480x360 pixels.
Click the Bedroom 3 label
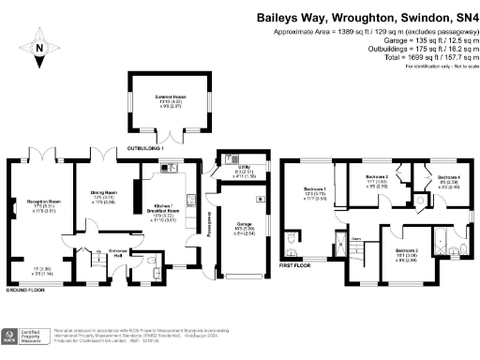[405, 250]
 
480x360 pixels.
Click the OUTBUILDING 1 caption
[146, 148]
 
